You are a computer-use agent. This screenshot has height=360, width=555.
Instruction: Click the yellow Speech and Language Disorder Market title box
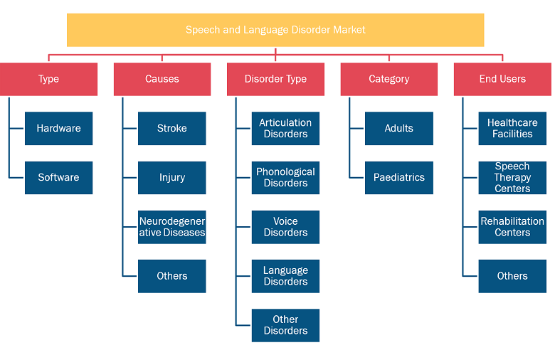click(x=275, y=30)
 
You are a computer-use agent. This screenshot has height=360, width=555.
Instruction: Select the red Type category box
click(x=48, y=79)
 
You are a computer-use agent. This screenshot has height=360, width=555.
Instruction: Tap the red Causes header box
click(x=162, y=79)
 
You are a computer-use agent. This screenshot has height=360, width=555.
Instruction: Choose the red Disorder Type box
click(x=276, y=79)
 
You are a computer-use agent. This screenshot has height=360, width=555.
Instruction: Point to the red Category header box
click(x=389, y=79)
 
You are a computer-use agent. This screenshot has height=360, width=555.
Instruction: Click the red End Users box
click(x=502, y=79)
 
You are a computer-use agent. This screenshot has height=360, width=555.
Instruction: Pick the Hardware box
click(x=59, y=129)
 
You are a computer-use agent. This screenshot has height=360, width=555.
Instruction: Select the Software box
click(x=59, y=178)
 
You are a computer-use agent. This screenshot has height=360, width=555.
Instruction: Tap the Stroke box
click(x=172, y=129)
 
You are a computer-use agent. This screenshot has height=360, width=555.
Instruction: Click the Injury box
click(x=172, y=178)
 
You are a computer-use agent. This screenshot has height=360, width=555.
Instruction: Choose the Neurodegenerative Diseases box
click(x=172, y=227)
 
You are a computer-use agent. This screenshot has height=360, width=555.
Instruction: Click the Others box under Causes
click(x=172, y=276)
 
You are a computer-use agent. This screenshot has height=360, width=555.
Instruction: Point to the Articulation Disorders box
click(x=285, y=129)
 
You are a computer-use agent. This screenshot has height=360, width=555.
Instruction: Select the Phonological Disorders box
click(x=285, y=178)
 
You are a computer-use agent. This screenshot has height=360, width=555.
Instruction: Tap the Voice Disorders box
click(x=285, y=227)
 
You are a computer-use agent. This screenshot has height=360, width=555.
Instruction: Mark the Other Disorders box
click(x=285, y=325)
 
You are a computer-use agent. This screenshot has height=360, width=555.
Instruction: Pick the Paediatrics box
click(x=399, y=178)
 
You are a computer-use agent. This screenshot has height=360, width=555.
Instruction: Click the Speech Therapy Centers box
click(x=512, y=178)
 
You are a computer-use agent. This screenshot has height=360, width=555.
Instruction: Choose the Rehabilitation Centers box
click(x=512, y=227)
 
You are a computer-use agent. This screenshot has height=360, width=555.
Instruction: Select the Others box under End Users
click(x=512, y=276)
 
